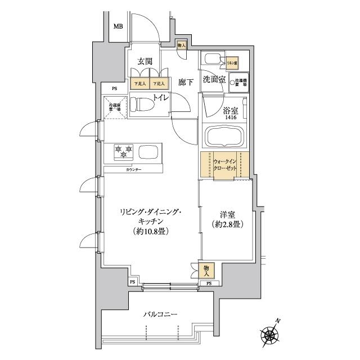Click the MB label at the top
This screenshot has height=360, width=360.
click(118, 26)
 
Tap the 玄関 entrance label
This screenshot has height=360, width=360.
click(145, 62)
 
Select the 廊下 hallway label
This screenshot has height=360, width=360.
click(186, 82)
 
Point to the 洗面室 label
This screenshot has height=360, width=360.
click(214, 80)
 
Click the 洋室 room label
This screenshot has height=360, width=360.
click(227, 214)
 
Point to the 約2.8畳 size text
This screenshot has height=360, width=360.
click(228, 225)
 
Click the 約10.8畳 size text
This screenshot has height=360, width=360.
click(149, 232)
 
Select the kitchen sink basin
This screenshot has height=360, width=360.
click(148, 152)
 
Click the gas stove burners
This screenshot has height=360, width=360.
click(123, 151)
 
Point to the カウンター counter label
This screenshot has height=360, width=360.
click(133, 170)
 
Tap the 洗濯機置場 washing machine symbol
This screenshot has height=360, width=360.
click(240, 81)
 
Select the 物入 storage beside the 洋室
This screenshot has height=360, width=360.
click(206, 269)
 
